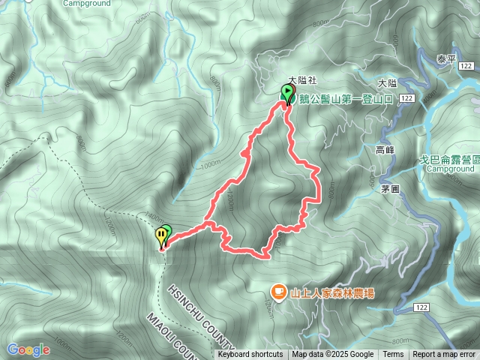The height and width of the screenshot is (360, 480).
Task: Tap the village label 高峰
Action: coord(385,150)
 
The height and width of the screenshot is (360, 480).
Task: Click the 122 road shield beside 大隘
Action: coord(407,98)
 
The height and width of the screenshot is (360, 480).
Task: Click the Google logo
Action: coord(28,349)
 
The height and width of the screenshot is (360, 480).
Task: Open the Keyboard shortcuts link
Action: coord(250,355)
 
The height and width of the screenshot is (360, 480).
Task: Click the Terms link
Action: coord(393,355)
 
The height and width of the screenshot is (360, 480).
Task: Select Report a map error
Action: coord(444,355)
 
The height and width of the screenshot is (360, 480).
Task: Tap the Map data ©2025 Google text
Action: coord(333,355)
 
